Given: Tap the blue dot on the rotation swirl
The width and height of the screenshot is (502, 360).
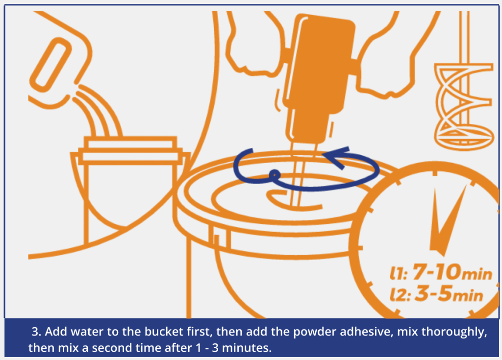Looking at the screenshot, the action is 275,175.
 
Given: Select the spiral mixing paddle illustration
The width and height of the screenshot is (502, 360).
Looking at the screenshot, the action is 464,106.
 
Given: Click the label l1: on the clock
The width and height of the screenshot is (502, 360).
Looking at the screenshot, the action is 399,274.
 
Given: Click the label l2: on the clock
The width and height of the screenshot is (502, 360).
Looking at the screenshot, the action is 400,295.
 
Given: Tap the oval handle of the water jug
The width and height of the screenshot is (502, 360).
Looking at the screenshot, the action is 50,65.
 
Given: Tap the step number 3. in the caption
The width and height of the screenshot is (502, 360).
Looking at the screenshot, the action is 36,332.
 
